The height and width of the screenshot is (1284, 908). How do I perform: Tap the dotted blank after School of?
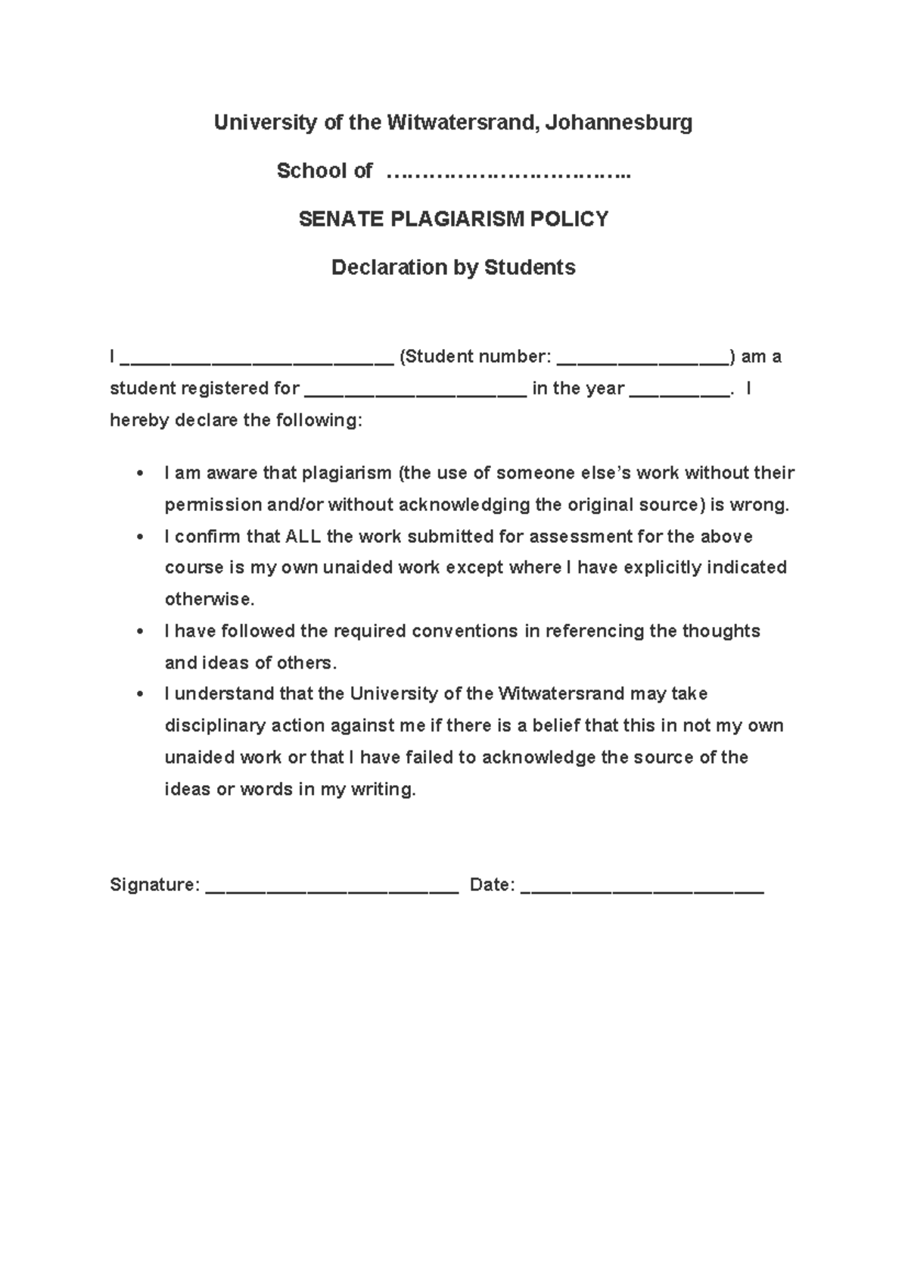(x=508, y=173)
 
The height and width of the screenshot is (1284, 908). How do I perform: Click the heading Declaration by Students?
(x=453, y=267)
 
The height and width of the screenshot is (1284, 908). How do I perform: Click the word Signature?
(x=154, y=885)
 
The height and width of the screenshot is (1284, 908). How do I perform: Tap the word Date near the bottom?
(x=492, y=885)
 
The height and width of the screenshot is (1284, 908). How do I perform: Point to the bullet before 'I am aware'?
(x=138, y=474)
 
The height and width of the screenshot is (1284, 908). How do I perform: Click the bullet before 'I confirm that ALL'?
(x=138, y=538)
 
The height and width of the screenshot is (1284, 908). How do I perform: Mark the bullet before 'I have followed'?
(x=138, y=631)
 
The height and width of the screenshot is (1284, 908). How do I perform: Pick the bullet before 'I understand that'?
(x=138, y=694)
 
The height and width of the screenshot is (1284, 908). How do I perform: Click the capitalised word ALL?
(x=303, y=537)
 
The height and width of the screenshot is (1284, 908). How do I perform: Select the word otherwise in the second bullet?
(x=210, y=600)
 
